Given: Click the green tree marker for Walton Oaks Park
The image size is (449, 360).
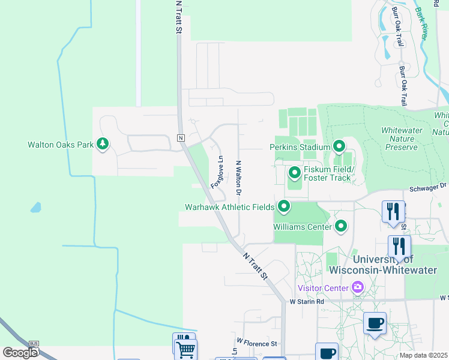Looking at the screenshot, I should pyautogui.click(x=103, y=144).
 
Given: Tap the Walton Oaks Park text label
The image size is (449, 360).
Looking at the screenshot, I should pyautogui.click(x=61, y=145).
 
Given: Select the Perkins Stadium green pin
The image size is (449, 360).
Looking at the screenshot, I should pyautogui.click(x=339, y=146).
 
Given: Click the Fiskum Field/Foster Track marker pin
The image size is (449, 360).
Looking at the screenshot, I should pyautogui.click(x=295, y=173).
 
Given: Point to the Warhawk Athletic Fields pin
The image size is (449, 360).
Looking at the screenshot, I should pyautogui.click(x=283, y=208).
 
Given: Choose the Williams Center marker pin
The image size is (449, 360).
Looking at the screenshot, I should pyautogui.click(x=341, y=226).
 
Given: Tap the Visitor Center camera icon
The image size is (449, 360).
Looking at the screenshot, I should pyautogui.click(x=358, y=287).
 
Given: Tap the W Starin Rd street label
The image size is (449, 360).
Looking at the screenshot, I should pyautogui.click(x=306, y=301).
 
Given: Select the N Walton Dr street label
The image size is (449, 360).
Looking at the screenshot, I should pyautogui.click(x=238, y=178).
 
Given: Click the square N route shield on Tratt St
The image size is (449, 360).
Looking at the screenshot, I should pyautogui.click(x=180, y=137).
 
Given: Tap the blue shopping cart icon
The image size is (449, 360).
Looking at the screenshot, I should pyautogui.click(x=185, y=347).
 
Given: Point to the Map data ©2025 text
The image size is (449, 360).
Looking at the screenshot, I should pyautogui.click(x=423, y=355).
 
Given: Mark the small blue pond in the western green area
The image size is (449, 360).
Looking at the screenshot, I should pyautogui.click(x=35, y=208).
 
